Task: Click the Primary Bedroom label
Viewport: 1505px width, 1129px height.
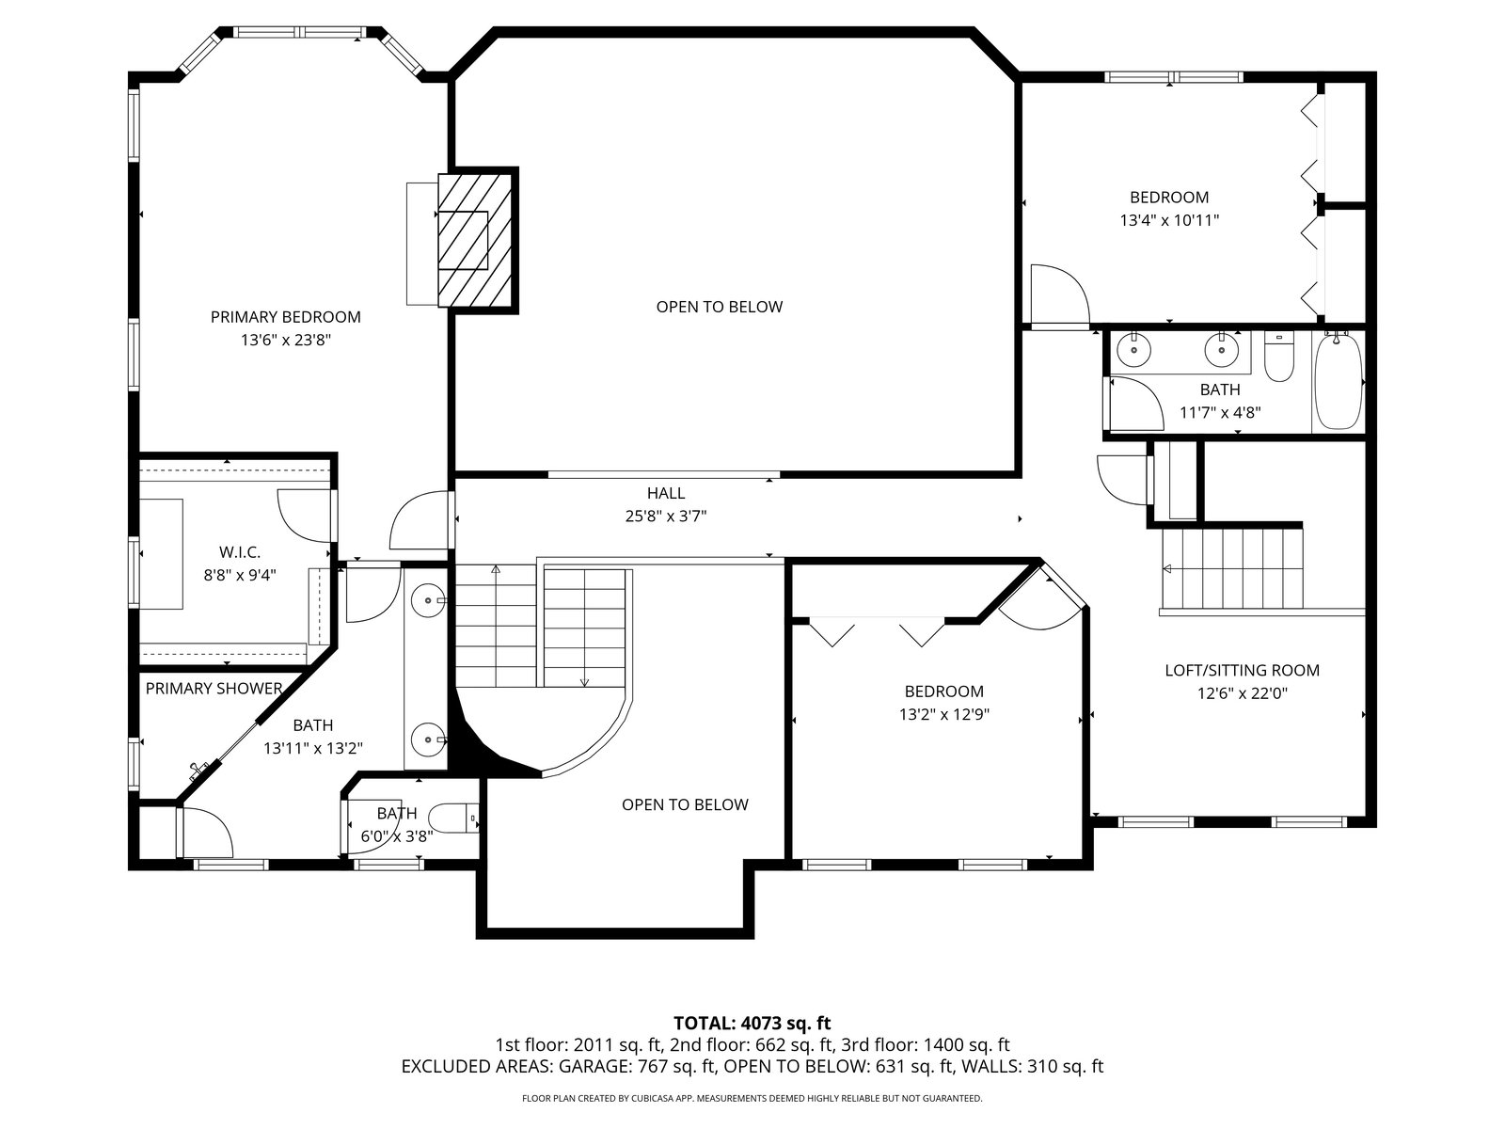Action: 285,317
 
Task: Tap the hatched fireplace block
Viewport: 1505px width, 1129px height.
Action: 476,240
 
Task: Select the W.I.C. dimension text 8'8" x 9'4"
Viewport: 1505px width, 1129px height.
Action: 239,575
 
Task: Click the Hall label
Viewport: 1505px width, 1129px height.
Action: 666,493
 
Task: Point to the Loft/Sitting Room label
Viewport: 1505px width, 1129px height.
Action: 1242,671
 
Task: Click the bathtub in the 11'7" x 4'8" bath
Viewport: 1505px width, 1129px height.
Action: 1338,381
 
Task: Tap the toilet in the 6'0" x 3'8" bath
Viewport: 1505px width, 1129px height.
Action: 452,818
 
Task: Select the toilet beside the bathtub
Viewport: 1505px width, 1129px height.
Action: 1278,357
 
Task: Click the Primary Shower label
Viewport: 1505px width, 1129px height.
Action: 214,689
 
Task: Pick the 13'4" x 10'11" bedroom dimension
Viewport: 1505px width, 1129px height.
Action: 1169,221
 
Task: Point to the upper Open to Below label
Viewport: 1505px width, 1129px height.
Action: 720,307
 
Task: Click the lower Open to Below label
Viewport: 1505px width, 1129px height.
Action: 685,804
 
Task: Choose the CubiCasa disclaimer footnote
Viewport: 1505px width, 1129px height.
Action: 752,1098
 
